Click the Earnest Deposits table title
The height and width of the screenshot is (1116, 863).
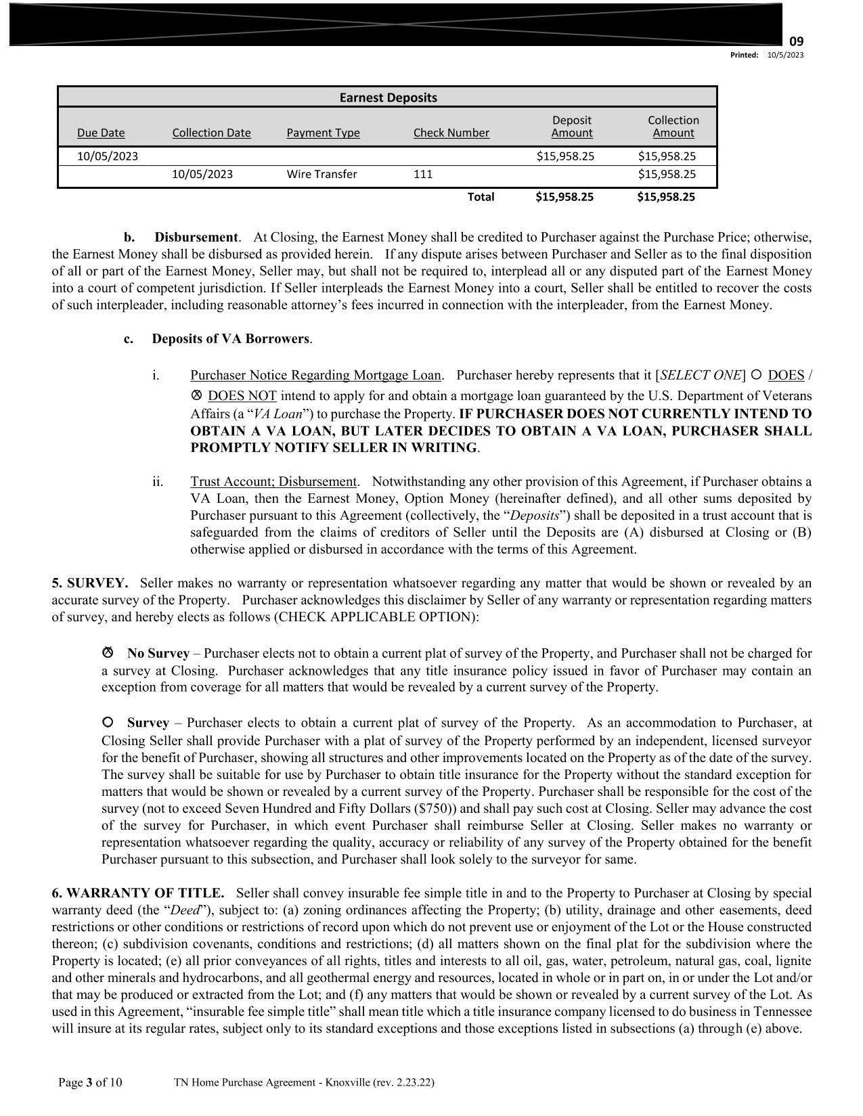click(388, 97)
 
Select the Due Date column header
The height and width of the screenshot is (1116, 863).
click(101, 133)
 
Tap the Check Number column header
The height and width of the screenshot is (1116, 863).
click(451, 133)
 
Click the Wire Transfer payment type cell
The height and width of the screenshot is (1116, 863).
click(322, 174)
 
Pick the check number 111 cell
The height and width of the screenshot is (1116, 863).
click(423, 174)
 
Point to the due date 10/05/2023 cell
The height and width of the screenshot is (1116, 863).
click(108, 156)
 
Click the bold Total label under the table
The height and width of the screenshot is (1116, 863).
click(481, 197)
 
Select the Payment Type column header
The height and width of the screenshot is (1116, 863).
click(323, 133)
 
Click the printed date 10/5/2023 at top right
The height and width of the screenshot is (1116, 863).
click(785, 55)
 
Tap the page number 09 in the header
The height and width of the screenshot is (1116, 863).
click(797, 42)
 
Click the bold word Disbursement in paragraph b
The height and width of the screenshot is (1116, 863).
click(196, 238)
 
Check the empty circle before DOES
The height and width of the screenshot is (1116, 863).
click(757, 374)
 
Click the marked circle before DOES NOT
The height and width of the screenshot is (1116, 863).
click(197, 395)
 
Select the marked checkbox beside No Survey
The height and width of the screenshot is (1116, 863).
click(107, 652)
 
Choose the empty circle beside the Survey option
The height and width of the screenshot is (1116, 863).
click(107, 722)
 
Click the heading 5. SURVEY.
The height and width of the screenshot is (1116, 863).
click(89, 583)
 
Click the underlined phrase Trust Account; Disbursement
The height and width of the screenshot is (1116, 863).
click(273, 482)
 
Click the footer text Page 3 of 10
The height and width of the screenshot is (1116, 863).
click(91, 1083)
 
